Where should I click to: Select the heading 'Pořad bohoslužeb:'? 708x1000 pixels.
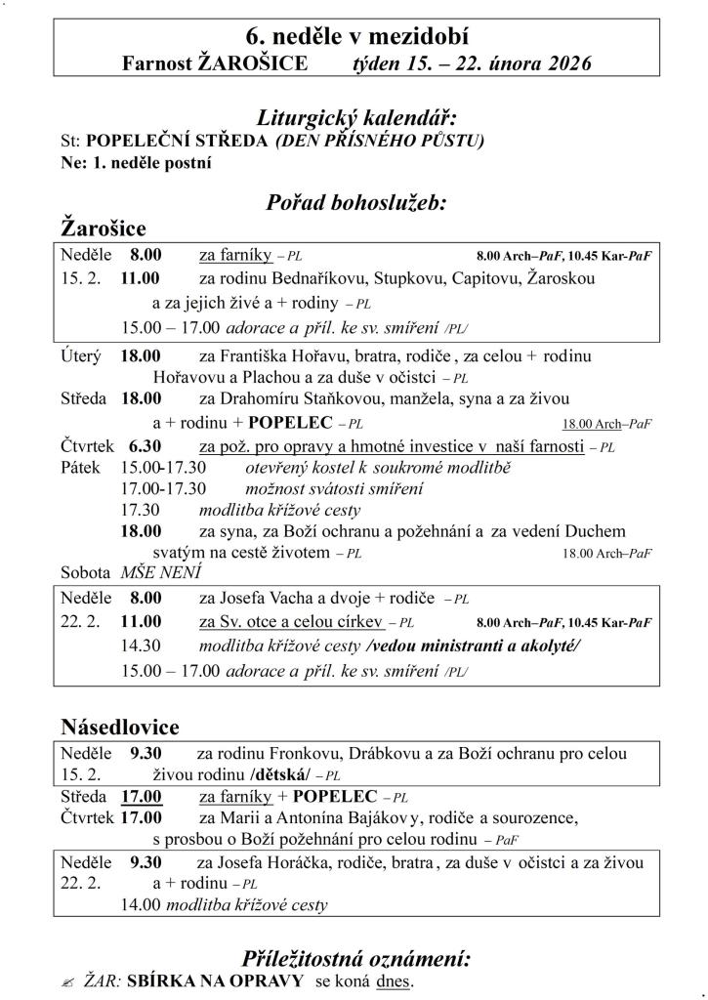coord(355,203)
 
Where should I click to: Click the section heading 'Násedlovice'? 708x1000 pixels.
coord(120,728)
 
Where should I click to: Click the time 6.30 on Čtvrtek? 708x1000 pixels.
coord(146,446)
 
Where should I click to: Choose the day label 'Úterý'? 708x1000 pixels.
coord(81,356)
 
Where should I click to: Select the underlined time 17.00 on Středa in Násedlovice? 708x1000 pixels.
coord(142,797)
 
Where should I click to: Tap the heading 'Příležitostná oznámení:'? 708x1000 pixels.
coord(355,957)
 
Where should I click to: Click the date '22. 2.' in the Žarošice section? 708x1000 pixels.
coord(80,622)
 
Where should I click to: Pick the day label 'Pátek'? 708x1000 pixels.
coord(80,468)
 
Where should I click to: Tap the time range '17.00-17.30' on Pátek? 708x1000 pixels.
coord(163,488)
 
